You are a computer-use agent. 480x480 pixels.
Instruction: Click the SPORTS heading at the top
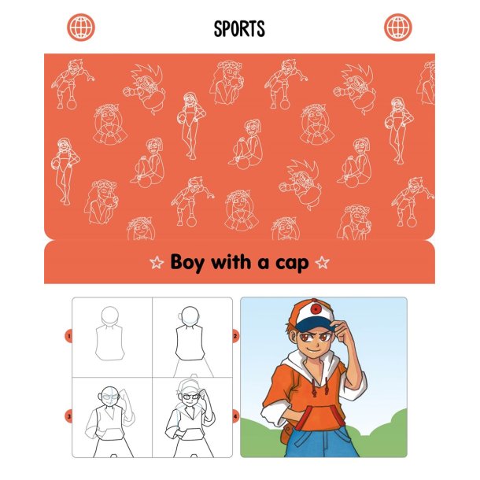[239, 29]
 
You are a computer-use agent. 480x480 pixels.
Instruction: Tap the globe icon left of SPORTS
[81, 28]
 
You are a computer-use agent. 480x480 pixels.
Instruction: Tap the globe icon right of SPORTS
[398, 28]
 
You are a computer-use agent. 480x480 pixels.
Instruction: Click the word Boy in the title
[187, 263]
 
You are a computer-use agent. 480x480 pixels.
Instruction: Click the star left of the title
[157, 263]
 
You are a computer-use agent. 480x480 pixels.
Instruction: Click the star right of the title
[323, 263]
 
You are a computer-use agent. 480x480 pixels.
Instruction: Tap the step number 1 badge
[68, 337]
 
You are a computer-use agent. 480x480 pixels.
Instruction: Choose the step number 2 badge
[235, 337]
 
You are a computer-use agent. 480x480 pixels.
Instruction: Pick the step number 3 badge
[68, 416]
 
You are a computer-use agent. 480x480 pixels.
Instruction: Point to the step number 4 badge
[235, 416]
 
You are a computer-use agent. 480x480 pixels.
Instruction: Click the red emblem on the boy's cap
[316, 309]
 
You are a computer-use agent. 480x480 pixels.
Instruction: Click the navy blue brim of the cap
[314, 324]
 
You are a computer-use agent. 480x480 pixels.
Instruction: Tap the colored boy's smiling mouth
[314, 349]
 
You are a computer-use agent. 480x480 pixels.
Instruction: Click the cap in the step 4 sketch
[189, 386]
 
